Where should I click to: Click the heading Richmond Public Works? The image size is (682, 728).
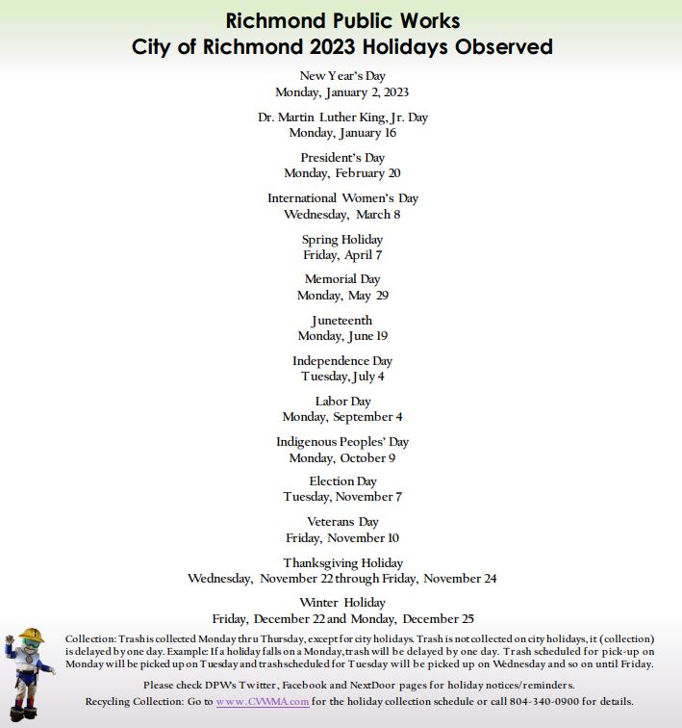[x=342, y=20]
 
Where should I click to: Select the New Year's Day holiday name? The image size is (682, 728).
[x=342, y=76]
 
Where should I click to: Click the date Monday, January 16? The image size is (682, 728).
[x=342, y=133]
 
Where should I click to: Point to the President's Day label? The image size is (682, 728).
[x=342, y=158]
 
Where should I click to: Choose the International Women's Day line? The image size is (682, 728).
[x=342, y=198]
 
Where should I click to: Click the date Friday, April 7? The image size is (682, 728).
[x=342, y=255]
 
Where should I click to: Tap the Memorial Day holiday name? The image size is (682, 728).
[x=342, y=279]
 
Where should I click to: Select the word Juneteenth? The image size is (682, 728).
[x=342, y=321]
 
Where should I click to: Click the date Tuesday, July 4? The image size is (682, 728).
[x=342, y=377]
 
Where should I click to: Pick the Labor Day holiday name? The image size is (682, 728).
[x=342, y=402]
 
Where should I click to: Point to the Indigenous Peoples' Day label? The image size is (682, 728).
[x=342, y=442]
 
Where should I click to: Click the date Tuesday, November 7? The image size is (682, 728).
[x=342, y=497]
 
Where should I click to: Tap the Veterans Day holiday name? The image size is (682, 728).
[x=342, y=522]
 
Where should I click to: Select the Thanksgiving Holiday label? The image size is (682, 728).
[x=342, y=563]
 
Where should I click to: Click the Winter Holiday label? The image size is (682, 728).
[x=342, y=603]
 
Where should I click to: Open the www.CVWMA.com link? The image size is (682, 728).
[x=263, y=702]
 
